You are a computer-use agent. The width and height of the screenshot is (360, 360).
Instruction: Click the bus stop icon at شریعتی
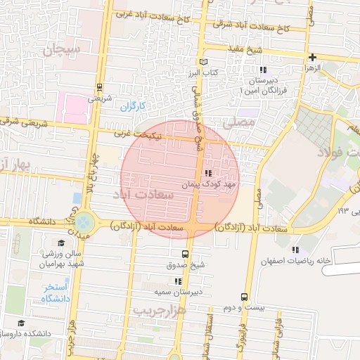coord(99,88)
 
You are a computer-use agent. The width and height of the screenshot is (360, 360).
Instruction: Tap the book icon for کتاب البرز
coord(205,62)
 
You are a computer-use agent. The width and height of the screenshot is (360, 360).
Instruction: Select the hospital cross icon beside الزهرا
coord(312,57)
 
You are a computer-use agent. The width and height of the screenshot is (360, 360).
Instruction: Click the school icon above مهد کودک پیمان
coord(207,173)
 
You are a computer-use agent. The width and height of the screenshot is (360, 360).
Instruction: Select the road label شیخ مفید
coord(245,49)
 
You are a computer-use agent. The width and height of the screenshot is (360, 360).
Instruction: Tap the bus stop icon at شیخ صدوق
coord(185,254)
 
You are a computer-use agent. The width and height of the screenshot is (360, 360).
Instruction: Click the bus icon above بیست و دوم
coord(244,297)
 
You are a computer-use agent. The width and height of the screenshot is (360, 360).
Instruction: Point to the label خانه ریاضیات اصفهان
coord(314,262)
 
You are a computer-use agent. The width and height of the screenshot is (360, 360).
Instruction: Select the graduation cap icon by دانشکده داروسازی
coord(21,323)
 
